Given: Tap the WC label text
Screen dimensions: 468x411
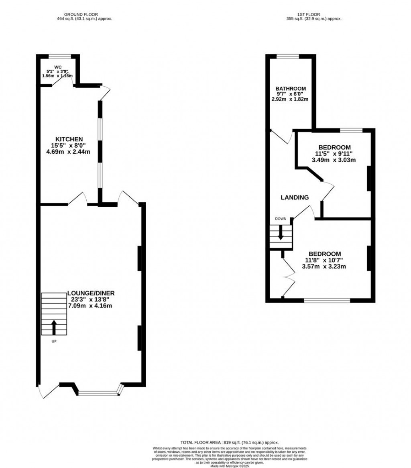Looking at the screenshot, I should click(57, 67).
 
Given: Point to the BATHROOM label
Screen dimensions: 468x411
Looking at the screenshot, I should click(291, 89).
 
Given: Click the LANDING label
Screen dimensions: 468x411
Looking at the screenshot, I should click(295, 197).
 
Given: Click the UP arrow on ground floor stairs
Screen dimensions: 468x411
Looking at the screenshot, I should click(54, 327).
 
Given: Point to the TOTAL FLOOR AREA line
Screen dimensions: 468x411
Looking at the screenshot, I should click(230, 442).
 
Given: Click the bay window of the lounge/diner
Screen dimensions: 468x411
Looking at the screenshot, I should click(99, 393).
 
